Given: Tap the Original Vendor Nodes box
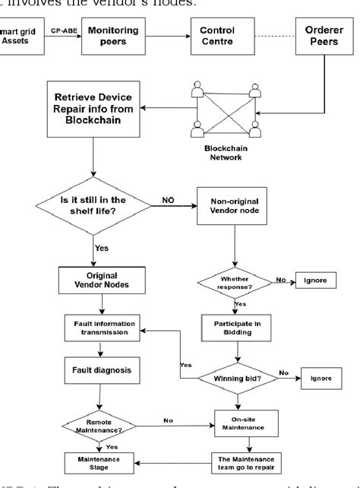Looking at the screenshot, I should (x=94, y=278).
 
